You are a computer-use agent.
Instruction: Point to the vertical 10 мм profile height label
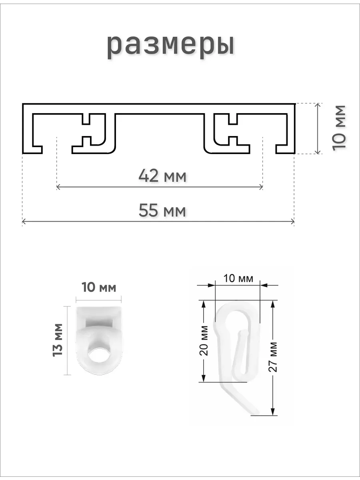pyautogui.click(x=338, y=128)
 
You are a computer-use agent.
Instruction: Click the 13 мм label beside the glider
pyautogui.click(x=58, y=340)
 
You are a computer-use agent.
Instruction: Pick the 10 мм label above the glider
pyautogui.click(x=99, y=287)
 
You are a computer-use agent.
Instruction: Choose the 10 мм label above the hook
pyautogui.click(x=238, y=278)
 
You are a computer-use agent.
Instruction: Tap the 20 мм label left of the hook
pyautogui.click(x=204, y=340)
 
